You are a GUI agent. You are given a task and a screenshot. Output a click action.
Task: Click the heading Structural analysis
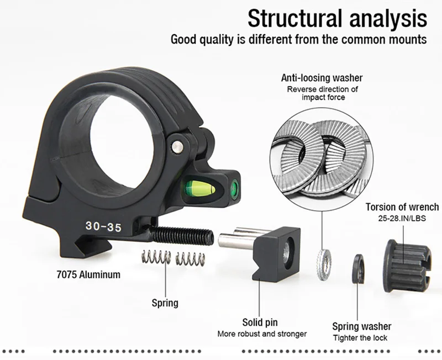click(x=337, y=18)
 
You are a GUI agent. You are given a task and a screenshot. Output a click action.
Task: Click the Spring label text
click(x=165, y=303)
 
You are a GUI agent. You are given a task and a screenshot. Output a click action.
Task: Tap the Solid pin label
click(x=260, y=322)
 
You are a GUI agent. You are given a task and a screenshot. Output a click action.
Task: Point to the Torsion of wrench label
click(x=402, y=207)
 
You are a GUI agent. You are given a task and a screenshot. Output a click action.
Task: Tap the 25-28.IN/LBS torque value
click(x=402, y=219)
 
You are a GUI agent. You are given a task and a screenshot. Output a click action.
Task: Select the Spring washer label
click(x=361, y=326)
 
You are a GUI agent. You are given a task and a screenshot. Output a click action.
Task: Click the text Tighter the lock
click(x=360, y=338)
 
